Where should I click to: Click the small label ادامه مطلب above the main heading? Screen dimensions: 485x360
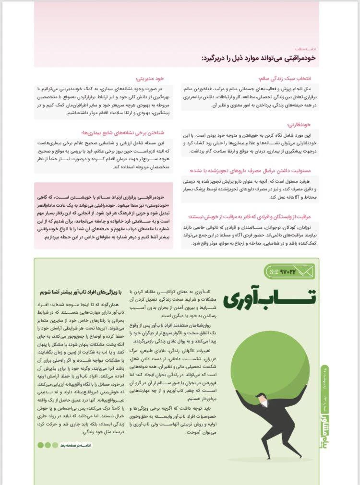click(307, 49)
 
